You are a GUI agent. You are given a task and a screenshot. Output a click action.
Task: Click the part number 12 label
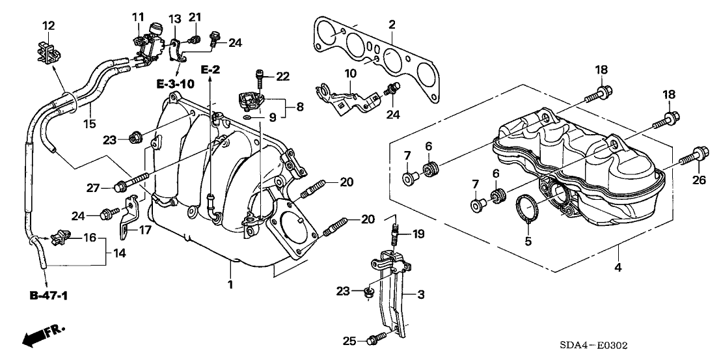click(x=49, y=25)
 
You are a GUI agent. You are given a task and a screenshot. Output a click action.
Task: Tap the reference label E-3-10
click(x=157, y=83)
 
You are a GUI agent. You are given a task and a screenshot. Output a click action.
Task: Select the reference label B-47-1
click(x=49, y=296)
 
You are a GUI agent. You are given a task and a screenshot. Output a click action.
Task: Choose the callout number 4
click(x=618, y=267)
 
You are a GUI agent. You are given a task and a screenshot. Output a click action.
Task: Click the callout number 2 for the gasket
click(x=392, y=25)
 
